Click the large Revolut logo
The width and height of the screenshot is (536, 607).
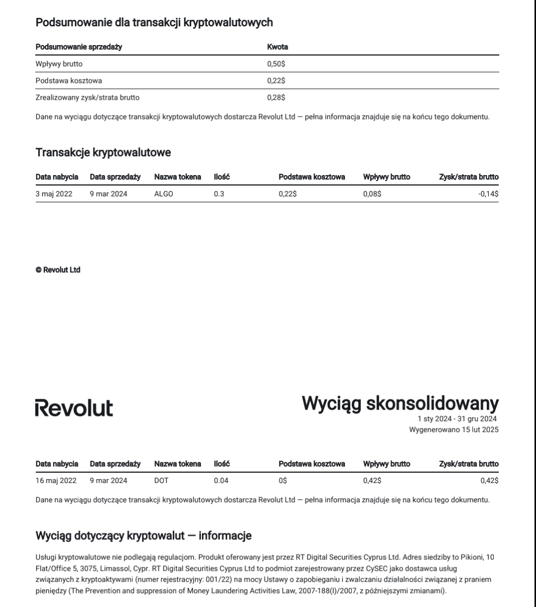pos(74,409)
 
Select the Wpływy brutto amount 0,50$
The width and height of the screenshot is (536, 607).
pos(276,63)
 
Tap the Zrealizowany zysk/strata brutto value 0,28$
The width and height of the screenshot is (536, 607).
pos(276,98)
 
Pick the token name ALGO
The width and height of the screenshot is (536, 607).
pos(163,194)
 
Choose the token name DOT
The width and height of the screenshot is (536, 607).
pos(161,481)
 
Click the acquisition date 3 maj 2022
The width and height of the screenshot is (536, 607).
pos(54,194)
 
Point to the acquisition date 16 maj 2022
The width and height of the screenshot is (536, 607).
pos(56,481)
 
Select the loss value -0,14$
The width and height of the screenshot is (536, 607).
pos(488,194)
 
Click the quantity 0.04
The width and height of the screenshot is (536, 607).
pos(221,481)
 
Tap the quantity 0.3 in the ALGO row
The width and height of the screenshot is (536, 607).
pos(219,194)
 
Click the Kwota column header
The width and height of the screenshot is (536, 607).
pos(277,47)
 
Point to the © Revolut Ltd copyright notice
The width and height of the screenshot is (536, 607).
pos(58,270)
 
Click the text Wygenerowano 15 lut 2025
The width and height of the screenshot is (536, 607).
pos(454,430)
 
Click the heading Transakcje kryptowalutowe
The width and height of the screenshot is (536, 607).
pos(103,153)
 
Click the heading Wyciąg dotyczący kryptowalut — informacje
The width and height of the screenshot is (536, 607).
pos(143,536)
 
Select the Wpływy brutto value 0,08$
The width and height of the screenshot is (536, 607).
pos(372,194)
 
